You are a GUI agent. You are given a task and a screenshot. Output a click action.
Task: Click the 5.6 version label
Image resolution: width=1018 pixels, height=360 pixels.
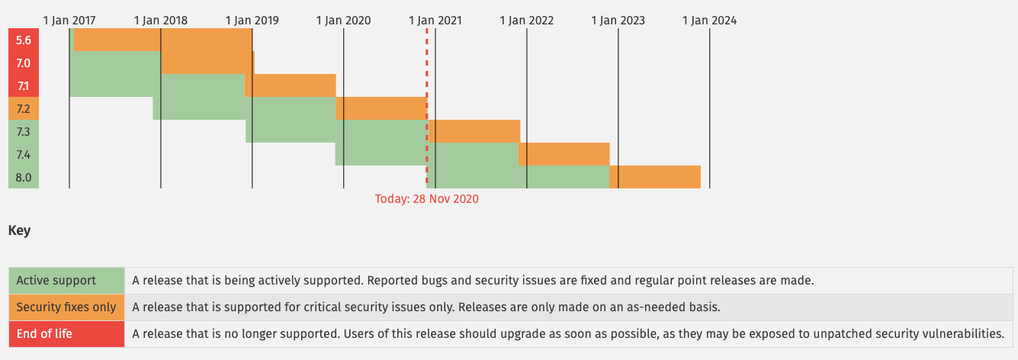pos(23,40)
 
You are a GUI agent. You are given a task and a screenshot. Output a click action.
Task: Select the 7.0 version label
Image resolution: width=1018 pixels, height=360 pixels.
pos(23,63)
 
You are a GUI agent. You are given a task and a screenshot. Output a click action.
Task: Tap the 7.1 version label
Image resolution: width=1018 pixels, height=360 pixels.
pos(23,85)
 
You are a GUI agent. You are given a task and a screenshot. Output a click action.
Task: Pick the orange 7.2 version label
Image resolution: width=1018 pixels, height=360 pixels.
pos(23,108)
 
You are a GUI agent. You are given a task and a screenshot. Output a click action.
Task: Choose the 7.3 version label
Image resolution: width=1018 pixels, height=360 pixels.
pos(23,131)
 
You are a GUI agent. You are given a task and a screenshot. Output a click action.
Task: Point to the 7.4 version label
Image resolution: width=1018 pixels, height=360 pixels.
pos(23,154)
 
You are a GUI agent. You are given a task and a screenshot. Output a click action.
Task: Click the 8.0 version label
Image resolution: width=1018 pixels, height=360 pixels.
pos(23,177)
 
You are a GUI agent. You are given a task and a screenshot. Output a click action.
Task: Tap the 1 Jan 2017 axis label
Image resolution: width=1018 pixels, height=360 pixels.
pos(69,21)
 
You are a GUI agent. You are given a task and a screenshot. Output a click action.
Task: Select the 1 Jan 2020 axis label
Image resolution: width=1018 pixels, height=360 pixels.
pos(343,21)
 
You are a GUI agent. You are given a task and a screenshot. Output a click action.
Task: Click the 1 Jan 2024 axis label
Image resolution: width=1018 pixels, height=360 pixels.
pos(709,21)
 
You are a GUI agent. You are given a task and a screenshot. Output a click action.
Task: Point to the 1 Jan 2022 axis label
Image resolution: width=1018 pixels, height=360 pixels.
pos(526,21)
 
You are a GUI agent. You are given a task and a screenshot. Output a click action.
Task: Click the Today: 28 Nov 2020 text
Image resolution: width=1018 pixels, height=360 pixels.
pos(426,199)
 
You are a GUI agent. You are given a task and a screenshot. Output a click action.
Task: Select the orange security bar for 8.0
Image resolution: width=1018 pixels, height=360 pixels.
pos(655,177)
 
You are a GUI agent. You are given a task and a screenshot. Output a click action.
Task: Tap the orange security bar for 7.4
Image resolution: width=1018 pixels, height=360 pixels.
pos(564,154)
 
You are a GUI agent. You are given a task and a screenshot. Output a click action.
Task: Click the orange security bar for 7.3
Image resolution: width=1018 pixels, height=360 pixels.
pos(474,131)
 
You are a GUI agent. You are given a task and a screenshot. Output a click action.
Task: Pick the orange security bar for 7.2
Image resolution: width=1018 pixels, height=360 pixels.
pos(381,108)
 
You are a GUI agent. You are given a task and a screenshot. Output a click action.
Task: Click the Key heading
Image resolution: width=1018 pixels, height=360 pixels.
pos(19,230)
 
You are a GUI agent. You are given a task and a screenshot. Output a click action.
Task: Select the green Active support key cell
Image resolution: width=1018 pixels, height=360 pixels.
pos(66,281)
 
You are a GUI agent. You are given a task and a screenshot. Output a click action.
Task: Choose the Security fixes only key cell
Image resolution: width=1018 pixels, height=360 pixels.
pos(66,307)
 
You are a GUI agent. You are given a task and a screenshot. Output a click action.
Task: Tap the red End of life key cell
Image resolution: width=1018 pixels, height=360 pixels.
pos(66,334)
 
